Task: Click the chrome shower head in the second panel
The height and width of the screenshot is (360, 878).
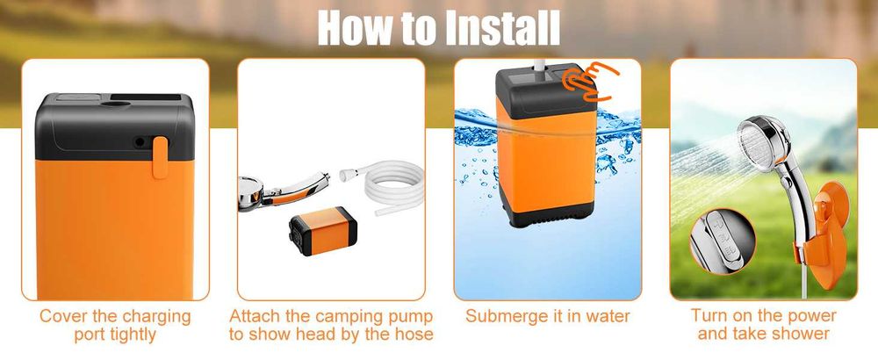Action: (281, 188)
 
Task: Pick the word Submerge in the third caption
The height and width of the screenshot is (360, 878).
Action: (510, 316)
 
